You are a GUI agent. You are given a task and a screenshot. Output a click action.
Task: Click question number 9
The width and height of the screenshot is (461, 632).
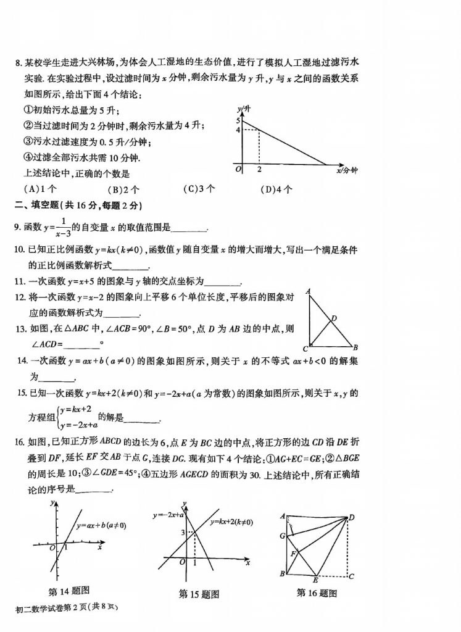click(17, 228)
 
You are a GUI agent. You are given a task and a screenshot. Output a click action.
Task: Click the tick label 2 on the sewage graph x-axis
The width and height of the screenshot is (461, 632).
click(259, 169)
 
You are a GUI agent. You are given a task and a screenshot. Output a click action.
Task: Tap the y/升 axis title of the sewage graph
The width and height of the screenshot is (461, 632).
click(244, 109)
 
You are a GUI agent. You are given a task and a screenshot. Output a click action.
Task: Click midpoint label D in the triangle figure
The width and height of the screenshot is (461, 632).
click(334, 318)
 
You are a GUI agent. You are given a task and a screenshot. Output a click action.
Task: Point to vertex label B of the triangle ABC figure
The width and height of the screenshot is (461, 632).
click(356, 347)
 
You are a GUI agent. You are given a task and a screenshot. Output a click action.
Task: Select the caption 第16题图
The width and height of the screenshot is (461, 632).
click(317, 592)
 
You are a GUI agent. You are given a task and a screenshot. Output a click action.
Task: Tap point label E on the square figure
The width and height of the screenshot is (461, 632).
click(315, 581)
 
